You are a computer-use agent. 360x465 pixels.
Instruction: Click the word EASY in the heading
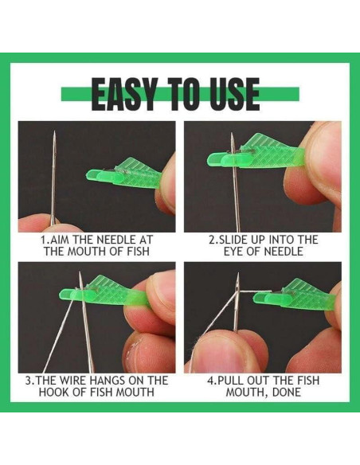(x=123, y=94)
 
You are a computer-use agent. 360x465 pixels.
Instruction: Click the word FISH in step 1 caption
(x=138, y=251)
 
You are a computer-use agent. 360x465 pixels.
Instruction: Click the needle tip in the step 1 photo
(x=55, y=131)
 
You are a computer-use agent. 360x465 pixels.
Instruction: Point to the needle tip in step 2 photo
(x=232, y=134)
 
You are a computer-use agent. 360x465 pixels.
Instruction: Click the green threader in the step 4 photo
(x=294, y=294)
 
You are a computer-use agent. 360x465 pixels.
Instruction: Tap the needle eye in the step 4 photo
(x=237, y=288)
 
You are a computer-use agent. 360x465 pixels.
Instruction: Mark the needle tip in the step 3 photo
(x=80, y=272)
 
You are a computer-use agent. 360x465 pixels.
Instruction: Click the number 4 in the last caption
(x=209, y=380)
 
